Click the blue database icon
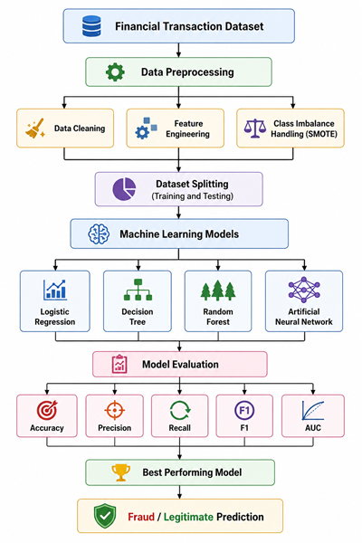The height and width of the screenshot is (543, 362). [91, 26]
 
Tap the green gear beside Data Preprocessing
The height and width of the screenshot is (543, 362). [115, 72]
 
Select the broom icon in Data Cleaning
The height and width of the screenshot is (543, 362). [35, 129]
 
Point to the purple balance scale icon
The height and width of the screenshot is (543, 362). [255, 129]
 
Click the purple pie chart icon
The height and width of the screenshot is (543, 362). [124, 189]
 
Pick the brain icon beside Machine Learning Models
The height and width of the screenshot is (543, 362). [99, 233]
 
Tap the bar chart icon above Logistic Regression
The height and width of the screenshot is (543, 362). [55, 290]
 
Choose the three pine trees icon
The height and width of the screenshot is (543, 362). [218, 291]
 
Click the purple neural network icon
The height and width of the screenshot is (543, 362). [304, 290]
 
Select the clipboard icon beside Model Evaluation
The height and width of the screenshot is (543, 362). [119, 364]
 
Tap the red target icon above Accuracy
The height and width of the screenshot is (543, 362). [47, 410]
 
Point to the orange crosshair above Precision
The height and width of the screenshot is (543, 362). [115, 410]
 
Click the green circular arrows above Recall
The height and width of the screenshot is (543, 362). [180, 410]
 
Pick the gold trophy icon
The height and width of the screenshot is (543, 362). [121, 472]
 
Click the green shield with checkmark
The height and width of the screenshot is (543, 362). [105, 516]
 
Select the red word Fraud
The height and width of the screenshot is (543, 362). [141, 517]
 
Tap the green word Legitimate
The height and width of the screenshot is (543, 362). [188, 517]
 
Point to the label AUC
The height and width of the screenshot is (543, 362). [313, 428]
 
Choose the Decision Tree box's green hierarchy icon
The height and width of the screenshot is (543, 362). [138, 290]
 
